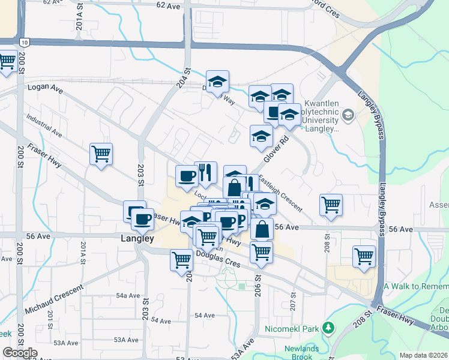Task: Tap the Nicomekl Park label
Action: coord(292,329)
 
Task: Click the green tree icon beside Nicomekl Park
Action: coord(328,328)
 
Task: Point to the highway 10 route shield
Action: coord(23,42)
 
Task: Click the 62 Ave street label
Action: coord(168,5)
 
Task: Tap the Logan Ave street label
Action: coord(45,88)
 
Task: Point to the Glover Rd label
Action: coord(276,146)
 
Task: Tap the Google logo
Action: coord(19,353)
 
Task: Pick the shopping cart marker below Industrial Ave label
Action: coord(101,154)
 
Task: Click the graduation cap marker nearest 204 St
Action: coord(217,80)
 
